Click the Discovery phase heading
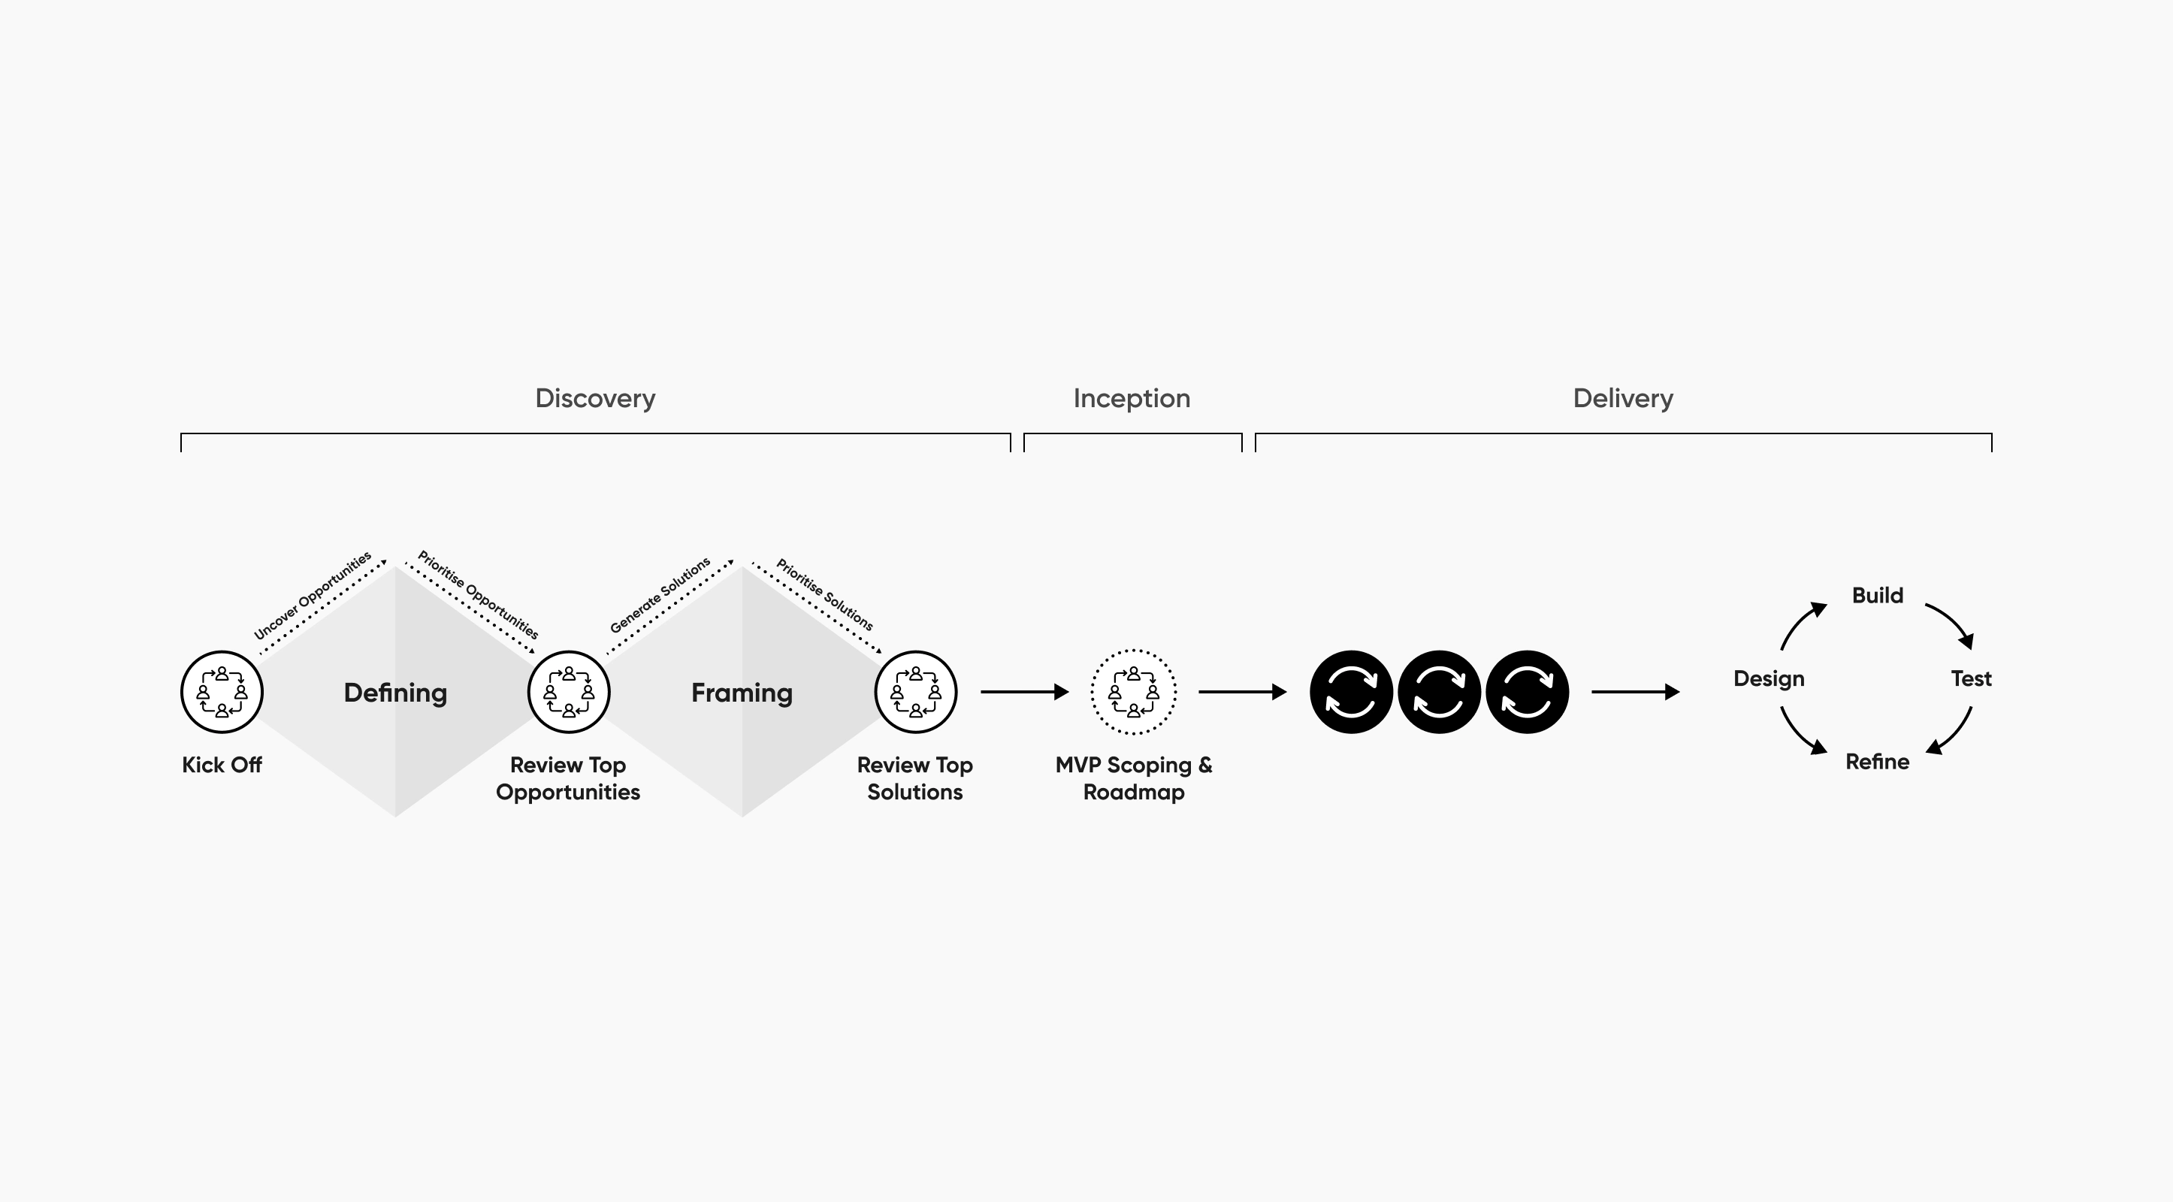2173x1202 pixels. coord(594,398)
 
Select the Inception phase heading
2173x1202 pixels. coord(1132,398)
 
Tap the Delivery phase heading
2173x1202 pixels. coord(1622,398)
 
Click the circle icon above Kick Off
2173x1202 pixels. coord(222,692)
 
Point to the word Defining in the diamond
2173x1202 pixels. coord(394,693)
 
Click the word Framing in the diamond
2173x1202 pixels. coord(742,693)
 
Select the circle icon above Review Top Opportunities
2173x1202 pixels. coord(569,692)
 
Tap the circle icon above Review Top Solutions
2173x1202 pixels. coord(915,692)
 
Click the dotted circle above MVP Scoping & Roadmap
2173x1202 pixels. coord(1133,692)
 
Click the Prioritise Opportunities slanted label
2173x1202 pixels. coord(477,595)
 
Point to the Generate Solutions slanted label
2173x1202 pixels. coord(660,595)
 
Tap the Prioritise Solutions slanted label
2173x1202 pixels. coord(824,593)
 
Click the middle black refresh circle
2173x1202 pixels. coord(1438,692)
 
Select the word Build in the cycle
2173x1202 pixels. coord(1877,596)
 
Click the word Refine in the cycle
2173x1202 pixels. coord(1877,762)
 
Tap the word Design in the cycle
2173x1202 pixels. coord(1768,678)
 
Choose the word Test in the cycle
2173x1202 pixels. coord(1971,678)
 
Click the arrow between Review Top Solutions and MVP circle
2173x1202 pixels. coord(1024,692)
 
